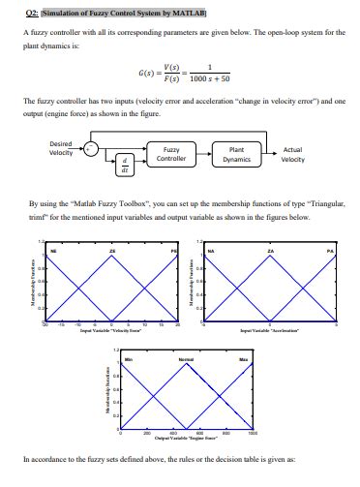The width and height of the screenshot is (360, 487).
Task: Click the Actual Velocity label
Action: point(292,154)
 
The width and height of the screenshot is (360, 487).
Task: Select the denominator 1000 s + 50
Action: point(208,78)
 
